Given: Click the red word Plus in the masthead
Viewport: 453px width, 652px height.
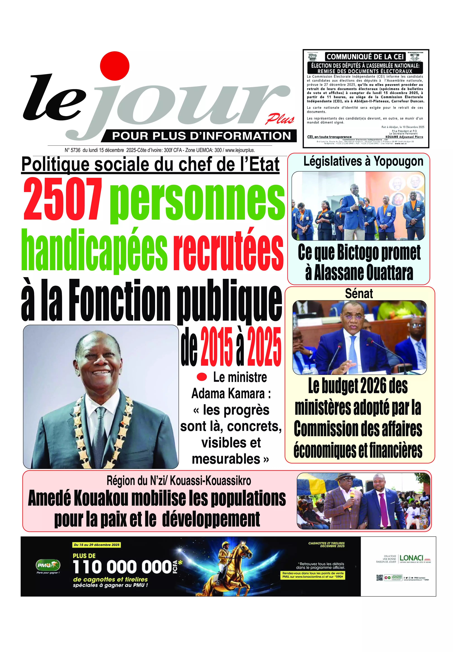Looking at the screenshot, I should (x=280, y=119).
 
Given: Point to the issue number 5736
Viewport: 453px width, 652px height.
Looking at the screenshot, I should (x=75, y=150).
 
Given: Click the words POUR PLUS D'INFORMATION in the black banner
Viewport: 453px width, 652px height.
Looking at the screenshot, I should (x=202, y=136).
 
